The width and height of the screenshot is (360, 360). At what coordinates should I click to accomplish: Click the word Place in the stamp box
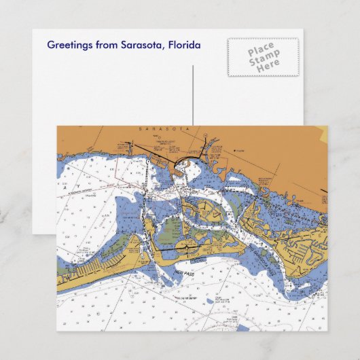click(x=262, y=51)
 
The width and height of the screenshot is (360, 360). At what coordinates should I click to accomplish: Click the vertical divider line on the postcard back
click(x=193, y=95)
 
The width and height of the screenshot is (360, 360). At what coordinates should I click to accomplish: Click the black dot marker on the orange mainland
click(x=234, y=151)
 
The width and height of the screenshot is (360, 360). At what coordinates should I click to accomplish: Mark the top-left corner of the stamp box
click(x=228, y=38)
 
